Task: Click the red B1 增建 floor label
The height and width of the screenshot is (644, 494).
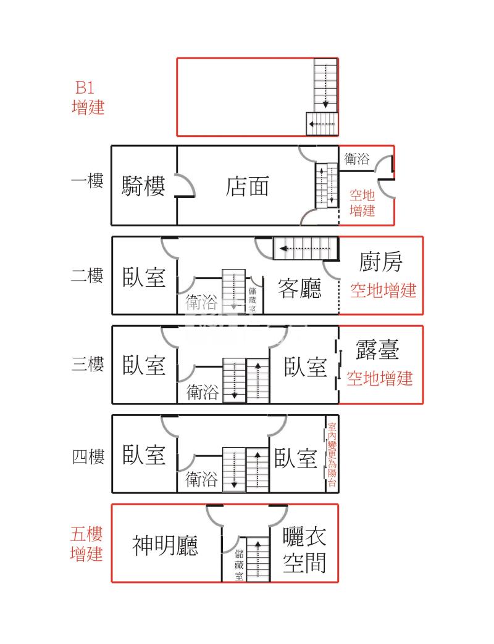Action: pyautogui.click(x=88, y=97)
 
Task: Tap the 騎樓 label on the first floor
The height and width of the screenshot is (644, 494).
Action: pyautogui.click(x=144, y=186)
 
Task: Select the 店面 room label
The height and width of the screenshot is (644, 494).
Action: pyautogui.click(x=248, y=186)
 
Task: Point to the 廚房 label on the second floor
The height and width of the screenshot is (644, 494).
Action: pyautogui.click(x=381, y=262)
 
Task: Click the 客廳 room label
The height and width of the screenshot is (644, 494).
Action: pyautogui.click(x=299, y=288)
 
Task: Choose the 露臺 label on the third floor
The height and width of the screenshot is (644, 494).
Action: pyautogui.click(x=378, y=349)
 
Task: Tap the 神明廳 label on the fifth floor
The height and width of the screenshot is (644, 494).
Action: pyautogui.click(x=165, y=545)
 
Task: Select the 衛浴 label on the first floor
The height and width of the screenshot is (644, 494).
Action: pyautogui.click(x=357, y=159)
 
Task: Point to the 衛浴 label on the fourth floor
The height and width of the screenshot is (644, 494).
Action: pyautogui.click(x=202, y=479)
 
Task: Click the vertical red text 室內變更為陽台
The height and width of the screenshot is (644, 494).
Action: pyautogui.click(x=332, y=455)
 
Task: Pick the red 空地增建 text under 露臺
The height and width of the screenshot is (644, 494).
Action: pyautogui.click(x=379, y=378)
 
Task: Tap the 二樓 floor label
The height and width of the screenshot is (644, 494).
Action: pyautogui.click(x=87, y=275)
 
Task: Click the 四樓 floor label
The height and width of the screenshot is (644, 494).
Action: pyautogui.click(x=88, y=457)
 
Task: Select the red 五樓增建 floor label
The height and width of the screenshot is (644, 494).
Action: pyautogui.click(x=87, y=543)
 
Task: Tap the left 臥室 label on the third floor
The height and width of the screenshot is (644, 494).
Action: pyautogui.click(x=144, y=365)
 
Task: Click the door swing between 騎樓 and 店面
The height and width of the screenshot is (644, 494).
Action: pyautogui.click(x=186, y=184)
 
